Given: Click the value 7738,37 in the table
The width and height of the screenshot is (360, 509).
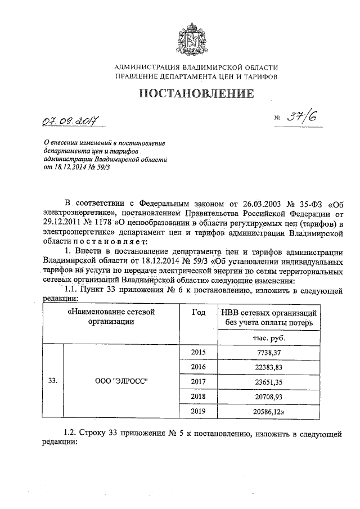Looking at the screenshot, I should tap(269, 352).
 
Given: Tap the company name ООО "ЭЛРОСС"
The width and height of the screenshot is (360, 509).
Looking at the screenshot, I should tap(121, 381).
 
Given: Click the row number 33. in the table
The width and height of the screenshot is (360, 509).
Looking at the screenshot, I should tap(53, 381).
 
